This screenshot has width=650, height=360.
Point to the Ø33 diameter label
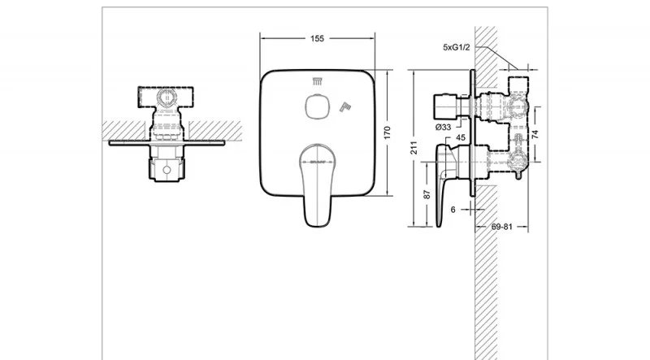point(444,127)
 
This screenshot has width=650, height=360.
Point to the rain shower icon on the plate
point(317,80)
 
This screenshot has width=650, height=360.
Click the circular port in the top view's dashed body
point(167,100)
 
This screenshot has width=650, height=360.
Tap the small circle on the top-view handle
point(167,171)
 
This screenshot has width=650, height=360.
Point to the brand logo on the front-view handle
point(314,162)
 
